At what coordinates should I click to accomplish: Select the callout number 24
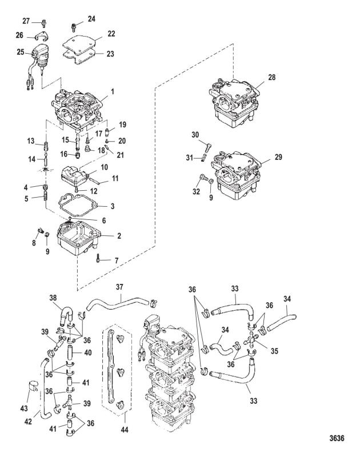click(x=91, y=18)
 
